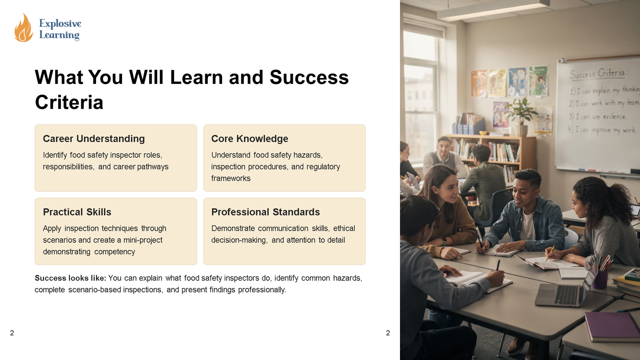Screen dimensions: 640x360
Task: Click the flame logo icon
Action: click(x=24, y=28)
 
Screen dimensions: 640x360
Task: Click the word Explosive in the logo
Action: click(x=60, y=24)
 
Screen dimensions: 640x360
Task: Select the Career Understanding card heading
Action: click(x=94, y=138)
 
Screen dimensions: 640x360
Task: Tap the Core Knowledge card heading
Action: click(x=250, y=138)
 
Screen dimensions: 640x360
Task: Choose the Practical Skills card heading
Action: click(x=77, y=212)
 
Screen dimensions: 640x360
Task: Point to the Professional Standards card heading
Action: click(x=266, y=212)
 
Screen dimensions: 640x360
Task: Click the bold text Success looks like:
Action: click(x=70, y=278)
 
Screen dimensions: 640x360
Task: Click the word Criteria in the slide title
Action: click(x=69, y=102)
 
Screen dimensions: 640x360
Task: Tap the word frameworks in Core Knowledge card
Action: click(x=231, y=178)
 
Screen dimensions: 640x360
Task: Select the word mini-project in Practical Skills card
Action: click(x=143, y=240)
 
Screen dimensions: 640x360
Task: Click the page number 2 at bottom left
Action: click(x=12, y=333)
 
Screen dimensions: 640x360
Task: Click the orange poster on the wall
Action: click(x=478, y=84)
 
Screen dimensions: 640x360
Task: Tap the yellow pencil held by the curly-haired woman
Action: click(x=550, y=253)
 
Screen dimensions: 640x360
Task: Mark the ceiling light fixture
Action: click(x=493, y=10)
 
